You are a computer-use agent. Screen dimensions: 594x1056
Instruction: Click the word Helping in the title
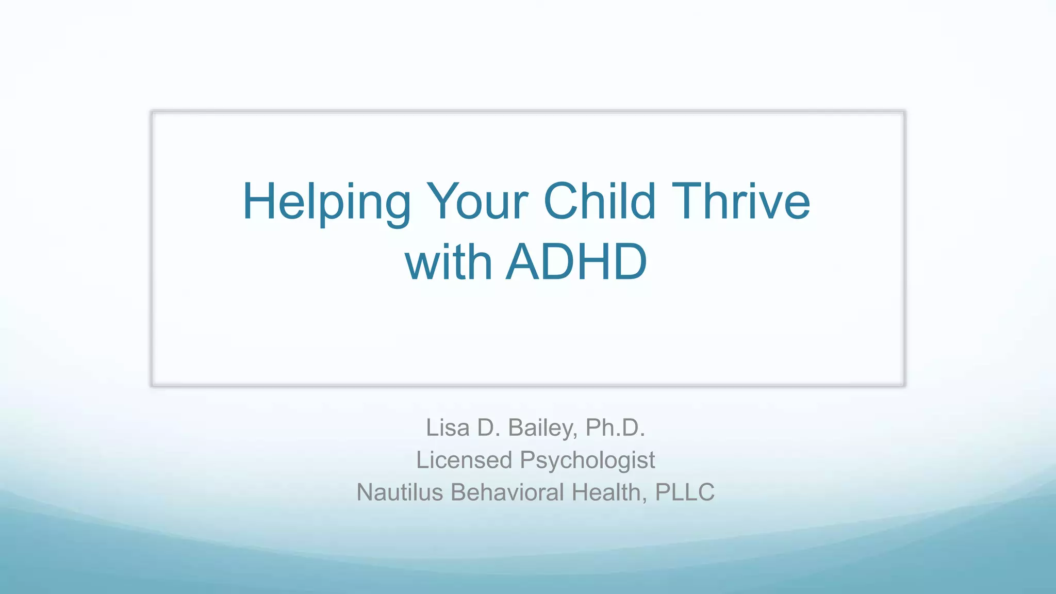326,202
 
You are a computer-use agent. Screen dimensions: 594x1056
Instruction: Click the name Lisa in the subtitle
447,427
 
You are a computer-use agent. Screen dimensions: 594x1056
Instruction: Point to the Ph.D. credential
615,427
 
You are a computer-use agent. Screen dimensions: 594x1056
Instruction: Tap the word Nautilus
400,492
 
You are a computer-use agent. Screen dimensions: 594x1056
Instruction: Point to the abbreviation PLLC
685,492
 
